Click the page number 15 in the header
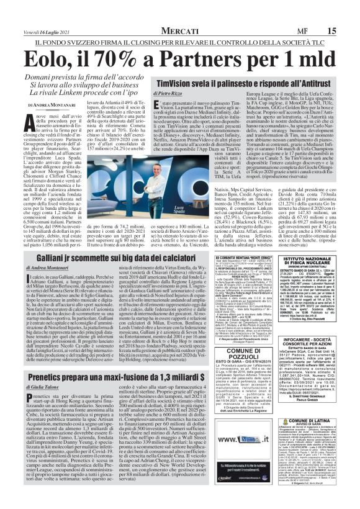349,11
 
